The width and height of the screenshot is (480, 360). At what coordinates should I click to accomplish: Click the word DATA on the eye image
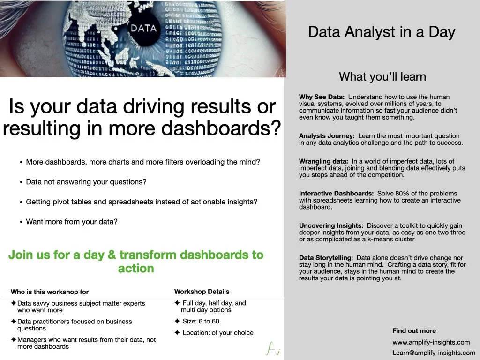(143, 28)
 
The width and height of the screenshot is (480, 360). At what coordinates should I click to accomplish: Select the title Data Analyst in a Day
(382, 32)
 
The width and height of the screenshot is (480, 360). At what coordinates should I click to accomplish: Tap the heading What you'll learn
(382, 76)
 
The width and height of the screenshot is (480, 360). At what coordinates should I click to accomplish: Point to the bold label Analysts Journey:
(327, 136)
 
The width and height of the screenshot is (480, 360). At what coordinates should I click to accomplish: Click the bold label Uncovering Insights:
(331, 225)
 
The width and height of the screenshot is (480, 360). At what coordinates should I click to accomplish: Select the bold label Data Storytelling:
(326, 258)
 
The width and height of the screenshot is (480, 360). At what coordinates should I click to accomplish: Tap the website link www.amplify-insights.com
(431, 342)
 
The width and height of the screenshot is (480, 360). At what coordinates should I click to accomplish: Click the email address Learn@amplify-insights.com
(434, 353)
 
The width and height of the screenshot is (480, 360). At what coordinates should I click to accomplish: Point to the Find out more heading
(414, 331)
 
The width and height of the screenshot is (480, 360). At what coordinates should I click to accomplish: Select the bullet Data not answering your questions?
(86, 182)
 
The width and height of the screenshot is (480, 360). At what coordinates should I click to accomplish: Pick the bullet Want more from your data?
(72, 222)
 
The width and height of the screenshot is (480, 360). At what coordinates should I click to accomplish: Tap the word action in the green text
(136, 269)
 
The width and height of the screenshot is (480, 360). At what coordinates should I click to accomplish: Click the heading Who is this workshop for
(50, 292)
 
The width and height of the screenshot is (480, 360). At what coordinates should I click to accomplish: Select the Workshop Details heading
(202, 292)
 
